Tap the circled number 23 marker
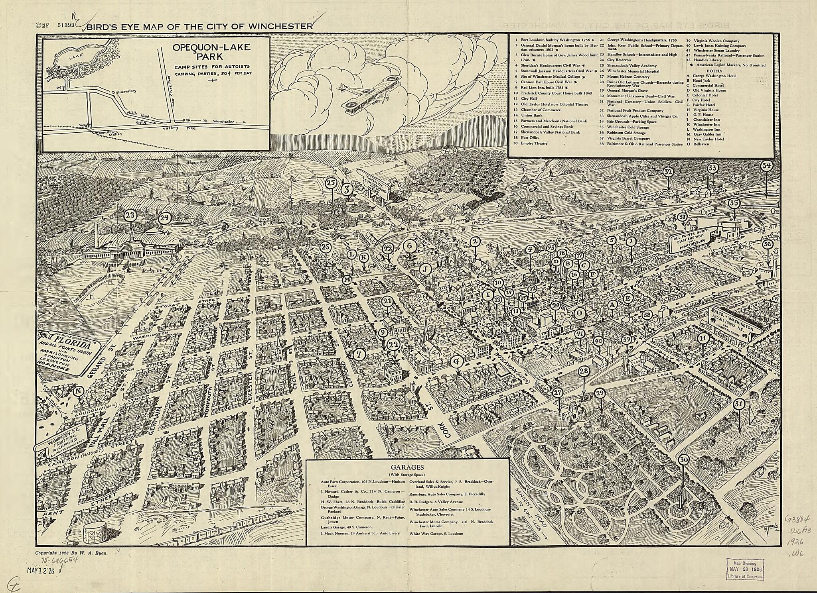tap(131, 216)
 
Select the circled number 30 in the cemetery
tap(684, 459)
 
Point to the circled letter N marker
tap(79, 391)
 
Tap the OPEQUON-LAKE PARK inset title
tap(211, 52)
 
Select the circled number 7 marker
tap(360, 353)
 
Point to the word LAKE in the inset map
tap(74, 57)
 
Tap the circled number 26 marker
tap(326, 247)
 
